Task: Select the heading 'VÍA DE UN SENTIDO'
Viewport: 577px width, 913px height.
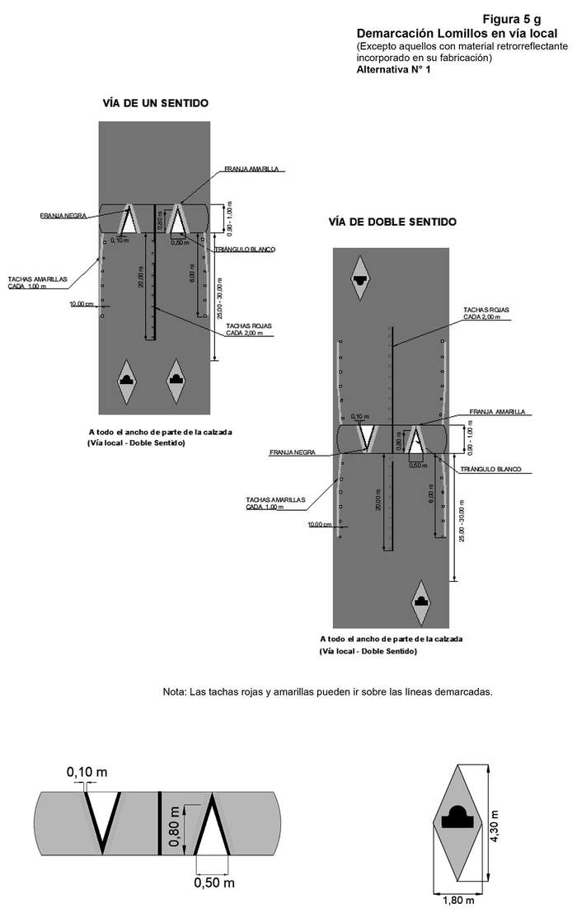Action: [155, 103]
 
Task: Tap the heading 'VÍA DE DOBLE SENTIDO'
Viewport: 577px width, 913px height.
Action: [392, 222]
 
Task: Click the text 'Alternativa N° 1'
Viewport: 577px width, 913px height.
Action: [393, 70]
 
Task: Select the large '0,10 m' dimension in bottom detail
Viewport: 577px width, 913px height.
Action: [87, 772]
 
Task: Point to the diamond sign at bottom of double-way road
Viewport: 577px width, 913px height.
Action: [422, 601]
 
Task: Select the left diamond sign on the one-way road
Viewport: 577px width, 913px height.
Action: [128, 381]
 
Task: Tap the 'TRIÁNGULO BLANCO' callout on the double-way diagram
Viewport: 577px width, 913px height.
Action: [494, 469]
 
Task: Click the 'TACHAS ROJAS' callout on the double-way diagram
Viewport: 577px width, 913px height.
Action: [486, 313]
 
